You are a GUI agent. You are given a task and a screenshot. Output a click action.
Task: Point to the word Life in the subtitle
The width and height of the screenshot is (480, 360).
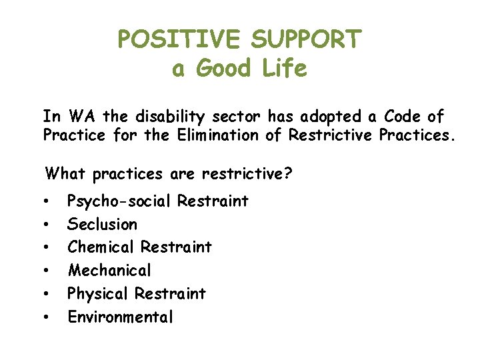pyautogui.click(x=285, y=69)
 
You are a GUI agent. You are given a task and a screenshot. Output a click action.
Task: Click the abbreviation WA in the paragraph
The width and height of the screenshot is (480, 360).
pyautogui.click(x=84, y=117)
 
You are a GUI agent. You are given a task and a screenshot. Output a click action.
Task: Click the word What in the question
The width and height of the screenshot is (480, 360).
pyautogui.click(x=66, y=174)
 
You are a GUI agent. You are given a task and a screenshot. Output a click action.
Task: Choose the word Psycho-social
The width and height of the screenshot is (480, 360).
pyautogui.click(x=119, y=201)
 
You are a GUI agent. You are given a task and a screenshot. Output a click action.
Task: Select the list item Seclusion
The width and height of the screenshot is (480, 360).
pyautogui.click(x=102, y=224)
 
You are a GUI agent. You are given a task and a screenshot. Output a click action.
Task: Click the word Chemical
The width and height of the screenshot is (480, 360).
pyautogui.click(x=101, y=247)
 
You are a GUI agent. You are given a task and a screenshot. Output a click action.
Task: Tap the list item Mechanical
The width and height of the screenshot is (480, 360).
pyautogui.click(x=109, y=271)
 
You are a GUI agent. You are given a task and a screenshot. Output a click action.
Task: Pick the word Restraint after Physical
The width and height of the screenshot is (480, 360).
pyautogui.click(x=170, y=293)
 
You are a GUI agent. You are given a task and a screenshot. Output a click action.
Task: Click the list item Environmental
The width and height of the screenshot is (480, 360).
pyautogui.click(x=120, y=317)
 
